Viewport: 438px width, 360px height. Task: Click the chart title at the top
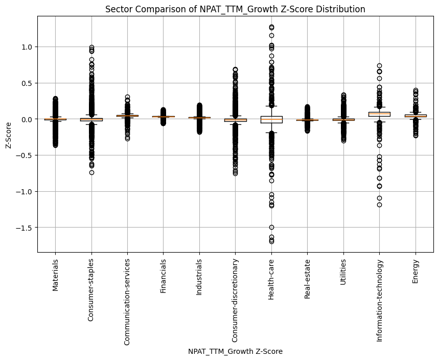235,9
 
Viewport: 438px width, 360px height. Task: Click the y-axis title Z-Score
9,134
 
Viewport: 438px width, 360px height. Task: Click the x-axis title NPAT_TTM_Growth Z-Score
235,351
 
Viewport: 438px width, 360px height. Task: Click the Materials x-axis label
55,275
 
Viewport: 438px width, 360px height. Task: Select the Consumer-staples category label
91,289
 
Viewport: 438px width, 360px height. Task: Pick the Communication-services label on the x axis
127,302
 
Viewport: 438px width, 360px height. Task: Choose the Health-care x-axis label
271,279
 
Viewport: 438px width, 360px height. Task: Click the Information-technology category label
379,300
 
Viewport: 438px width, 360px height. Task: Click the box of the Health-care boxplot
271,120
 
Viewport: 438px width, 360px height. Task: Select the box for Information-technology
379,114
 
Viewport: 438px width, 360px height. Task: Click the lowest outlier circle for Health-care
271,241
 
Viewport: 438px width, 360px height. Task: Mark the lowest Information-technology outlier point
379,205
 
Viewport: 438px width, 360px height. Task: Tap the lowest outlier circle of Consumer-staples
91,172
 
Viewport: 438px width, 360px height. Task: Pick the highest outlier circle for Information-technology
379,66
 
